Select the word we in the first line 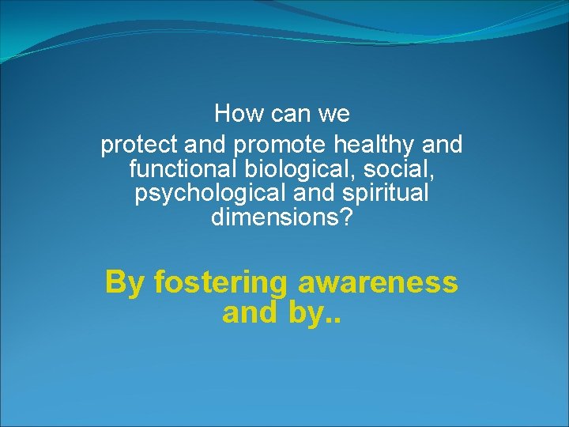click(333, 114)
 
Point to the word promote click(281, 146)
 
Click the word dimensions click(276, 217)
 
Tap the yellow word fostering click(221, 282)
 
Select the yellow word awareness click(379, 282)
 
